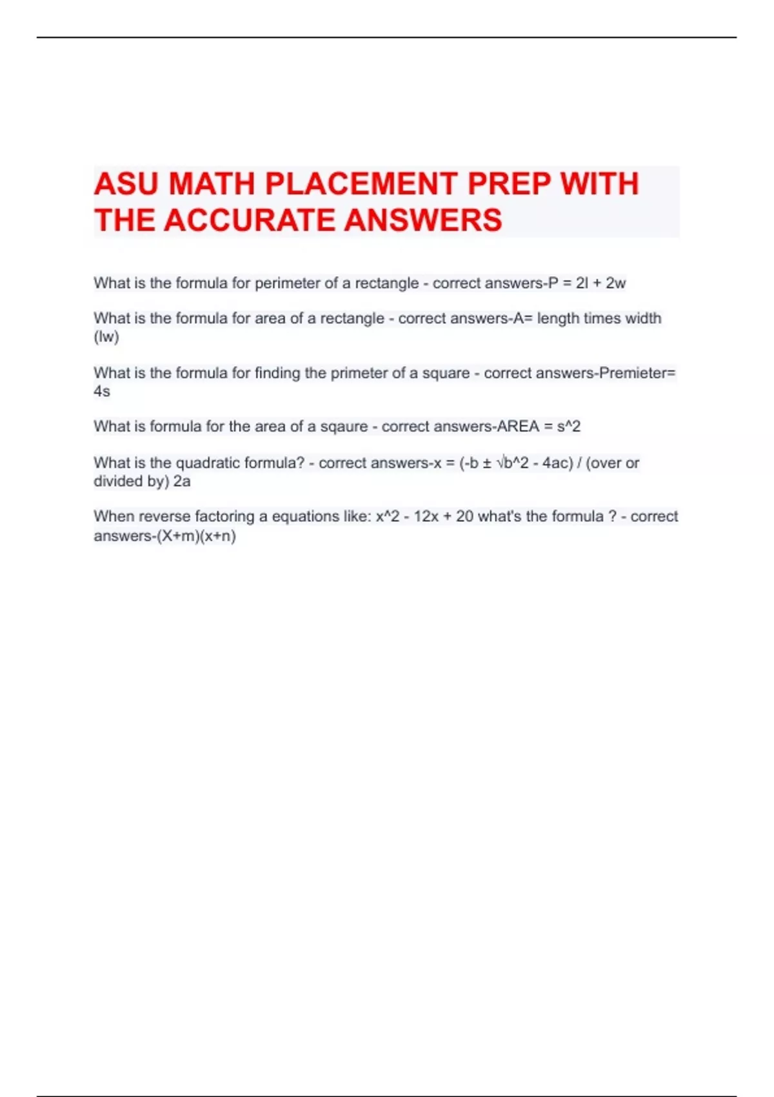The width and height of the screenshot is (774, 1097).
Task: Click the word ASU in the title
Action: pyautogui.click(x=125, y=184)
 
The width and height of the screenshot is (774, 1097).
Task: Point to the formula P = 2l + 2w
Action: pyautogui.click(x=587, y=283)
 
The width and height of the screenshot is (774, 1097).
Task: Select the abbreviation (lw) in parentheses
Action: pyautogui.click(x=106, y=337)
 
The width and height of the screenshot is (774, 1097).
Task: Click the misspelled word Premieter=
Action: pyautogui.click(x=637, y=373)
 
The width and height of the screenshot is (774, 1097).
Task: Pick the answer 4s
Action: pyautogui.click(x=102, y=391)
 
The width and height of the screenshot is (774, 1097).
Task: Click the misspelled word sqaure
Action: pyautogui.click(x=344, y=427)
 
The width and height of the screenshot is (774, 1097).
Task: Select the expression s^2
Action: pyautogui.click(x=568, y=427)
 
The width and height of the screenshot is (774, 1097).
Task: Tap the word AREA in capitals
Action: pyautogui.click(x=518, y=427)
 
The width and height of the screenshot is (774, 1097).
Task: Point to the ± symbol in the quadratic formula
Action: pyautogui.click(x=487, y=463)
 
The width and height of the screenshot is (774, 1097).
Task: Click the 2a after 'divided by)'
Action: pyautogui.click(x=182, y=481)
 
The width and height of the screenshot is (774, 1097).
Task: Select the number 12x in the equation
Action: pyautogui.click(x=426, y=517)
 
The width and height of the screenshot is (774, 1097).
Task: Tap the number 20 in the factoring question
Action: pyautogui.click(x=464, y=517)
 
